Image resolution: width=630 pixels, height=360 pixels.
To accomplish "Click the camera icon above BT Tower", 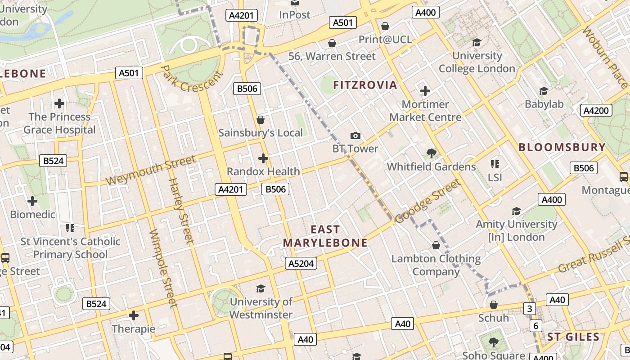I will (x=355, y=135).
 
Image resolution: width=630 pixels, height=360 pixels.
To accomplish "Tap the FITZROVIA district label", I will (x=365, y=85).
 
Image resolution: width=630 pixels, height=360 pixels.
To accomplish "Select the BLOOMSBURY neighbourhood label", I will (x=562, y=147).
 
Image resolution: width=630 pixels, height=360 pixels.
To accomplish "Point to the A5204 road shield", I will (x=301, y=264).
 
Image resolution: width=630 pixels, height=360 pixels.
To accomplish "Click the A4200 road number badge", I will (x=596, y=111).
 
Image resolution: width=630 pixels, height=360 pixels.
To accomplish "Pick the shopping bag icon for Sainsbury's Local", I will (x=260, y=120).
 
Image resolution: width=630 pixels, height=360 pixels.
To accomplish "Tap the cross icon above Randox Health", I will (x=263, y=158).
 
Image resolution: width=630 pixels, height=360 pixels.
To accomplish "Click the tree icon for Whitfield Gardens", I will (x=431, y=153).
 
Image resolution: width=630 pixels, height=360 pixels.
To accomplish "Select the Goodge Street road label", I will (x=428, y=201).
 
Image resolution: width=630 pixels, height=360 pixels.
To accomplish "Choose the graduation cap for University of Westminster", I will (x=261, y=288).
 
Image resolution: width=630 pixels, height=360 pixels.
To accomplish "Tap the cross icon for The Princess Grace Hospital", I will (x=59, y=103).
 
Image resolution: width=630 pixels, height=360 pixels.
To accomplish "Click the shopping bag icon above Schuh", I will (x=493, y=305).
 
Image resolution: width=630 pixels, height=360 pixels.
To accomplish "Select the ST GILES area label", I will (x=573, y=337).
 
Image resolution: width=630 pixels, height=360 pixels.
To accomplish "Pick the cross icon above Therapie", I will (x=133, y=315).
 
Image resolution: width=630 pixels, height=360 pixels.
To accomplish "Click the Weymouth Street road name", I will (x=151, y=170).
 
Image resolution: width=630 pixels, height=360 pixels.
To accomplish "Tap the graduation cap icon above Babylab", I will (x=544, y=91).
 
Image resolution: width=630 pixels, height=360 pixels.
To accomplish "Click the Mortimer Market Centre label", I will (x=425, y=111).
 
